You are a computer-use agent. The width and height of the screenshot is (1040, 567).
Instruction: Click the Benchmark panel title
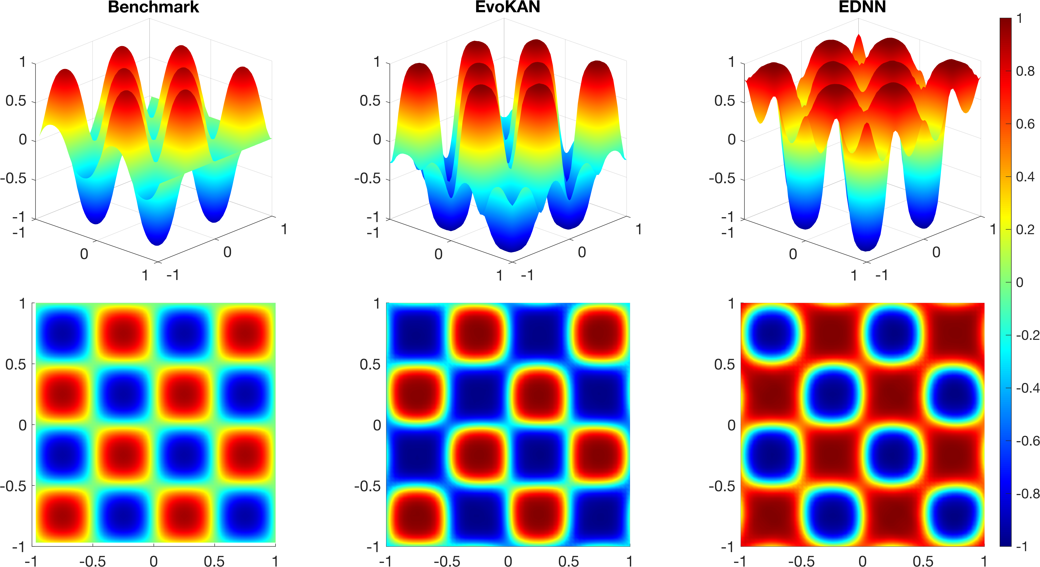153,7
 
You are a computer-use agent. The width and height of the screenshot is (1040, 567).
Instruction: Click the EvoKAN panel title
507,7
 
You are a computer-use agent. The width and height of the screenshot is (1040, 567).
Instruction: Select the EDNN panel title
862,7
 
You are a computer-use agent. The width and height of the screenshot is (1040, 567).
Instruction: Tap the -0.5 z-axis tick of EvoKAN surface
367,178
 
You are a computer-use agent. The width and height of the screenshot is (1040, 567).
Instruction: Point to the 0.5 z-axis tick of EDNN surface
725,101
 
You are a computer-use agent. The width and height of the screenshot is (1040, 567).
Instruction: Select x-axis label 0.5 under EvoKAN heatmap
568,561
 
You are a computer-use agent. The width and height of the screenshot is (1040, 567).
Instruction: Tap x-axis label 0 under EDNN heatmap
862,561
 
